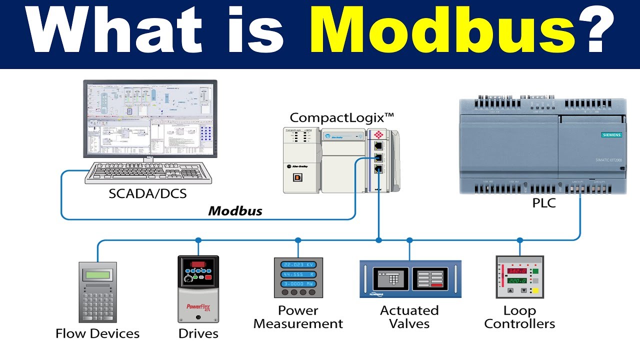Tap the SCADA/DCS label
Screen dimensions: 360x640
click(147, 193)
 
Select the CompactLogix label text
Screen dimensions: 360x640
click(342, 118)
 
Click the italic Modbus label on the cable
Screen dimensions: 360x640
click(235, 210)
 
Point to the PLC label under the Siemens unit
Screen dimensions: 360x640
click(544, 203)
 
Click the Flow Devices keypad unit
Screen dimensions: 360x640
click(97, 292)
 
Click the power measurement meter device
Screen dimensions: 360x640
click(298, 277)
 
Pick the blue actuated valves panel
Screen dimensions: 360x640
click(410, 279)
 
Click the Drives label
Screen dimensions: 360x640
click(198, 333)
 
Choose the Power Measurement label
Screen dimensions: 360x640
click(298, 317)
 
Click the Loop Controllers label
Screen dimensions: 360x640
click(519, 317)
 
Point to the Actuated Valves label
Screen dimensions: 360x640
click(409, 317)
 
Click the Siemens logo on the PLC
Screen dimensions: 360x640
click(611, 135)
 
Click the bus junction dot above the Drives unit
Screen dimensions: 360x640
click(198, 240)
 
